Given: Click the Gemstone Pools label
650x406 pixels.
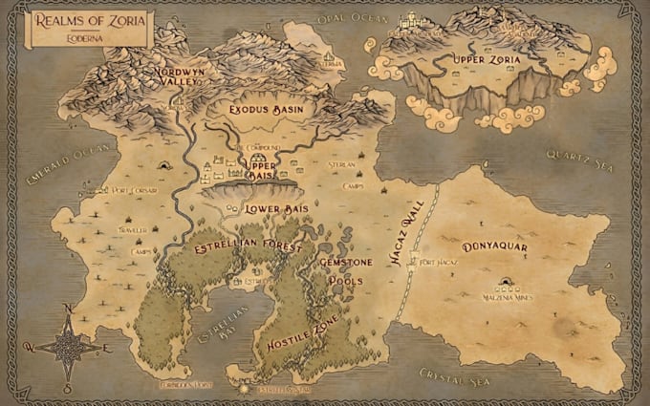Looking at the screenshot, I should click(x=345, y=273).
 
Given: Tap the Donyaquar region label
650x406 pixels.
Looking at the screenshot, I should click(x=494, y=247).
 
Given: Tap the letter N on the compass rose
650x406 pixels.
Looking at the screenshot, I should click(x=67, y=309).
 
